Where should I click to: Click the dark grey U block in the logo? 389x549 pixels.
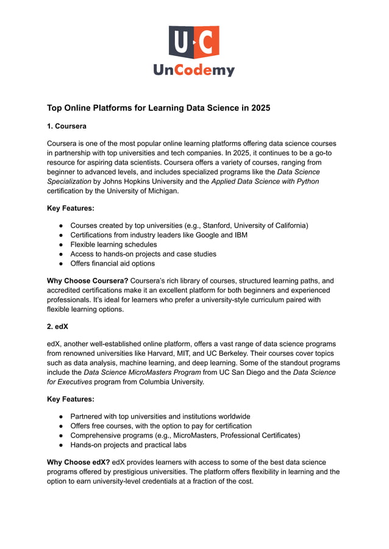[x=180, y=42]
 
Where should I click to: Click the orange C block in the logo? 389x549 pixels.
[x=207, y=42]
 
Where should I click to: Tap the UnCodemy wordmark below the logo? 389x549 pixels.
[x=194, y=71]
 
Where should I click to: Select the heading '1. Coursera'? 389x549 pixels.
[x=66, y=126]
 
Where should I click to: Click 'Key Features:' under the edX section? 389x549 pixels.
[x=71, y=399]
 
